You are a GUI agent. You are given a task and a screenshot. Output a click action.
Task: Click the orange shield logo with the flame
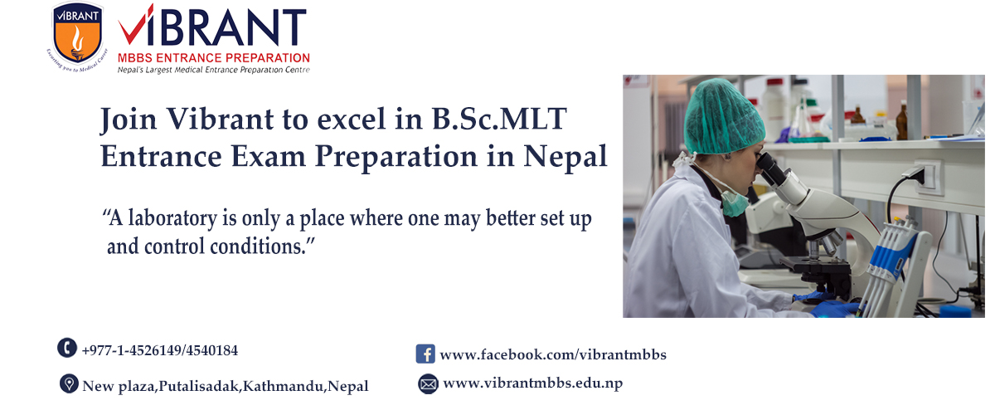click(x=78, y=34)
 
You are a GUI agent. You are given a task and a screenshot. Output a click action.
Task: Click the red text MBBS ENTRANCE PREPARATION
click(x=214, y=58)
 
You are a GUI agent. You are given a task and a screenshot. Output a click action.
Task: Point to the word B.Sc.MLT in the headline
click(x=499, y=120)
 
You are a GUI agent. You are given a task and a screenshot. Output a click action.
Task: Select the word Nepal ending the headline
click(x=565, y=158)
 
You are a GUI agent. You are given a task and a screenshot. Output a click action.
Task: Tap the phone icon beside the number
click(x=67, y=348)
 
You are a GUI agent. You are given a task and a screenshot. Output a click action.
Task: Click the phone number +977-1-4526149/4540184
click(x=160, y=350)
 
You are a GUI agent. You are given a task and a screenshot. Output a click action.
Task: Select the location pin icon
click(x=69, y=383)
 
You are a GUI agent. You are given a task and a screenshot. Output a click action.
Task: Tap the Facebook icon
click(x=425, y=354)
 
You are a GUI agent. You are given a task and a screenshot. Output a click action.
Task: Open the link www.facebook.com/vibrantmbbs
click(x=553, y=354)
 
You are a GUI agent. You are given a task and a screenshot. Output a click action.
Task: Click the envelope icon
click(x=428, y=383)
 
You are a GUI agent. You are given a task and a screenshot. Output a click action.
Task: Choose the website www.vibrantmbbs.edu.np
click(x=533, y=383)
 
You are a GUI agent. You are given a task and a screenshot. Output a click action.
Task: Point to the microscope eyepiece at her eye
click(x=772, y=169)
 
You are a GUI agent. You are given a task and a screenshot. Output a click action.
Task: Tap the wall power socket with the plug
click(x=927, y=177)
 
